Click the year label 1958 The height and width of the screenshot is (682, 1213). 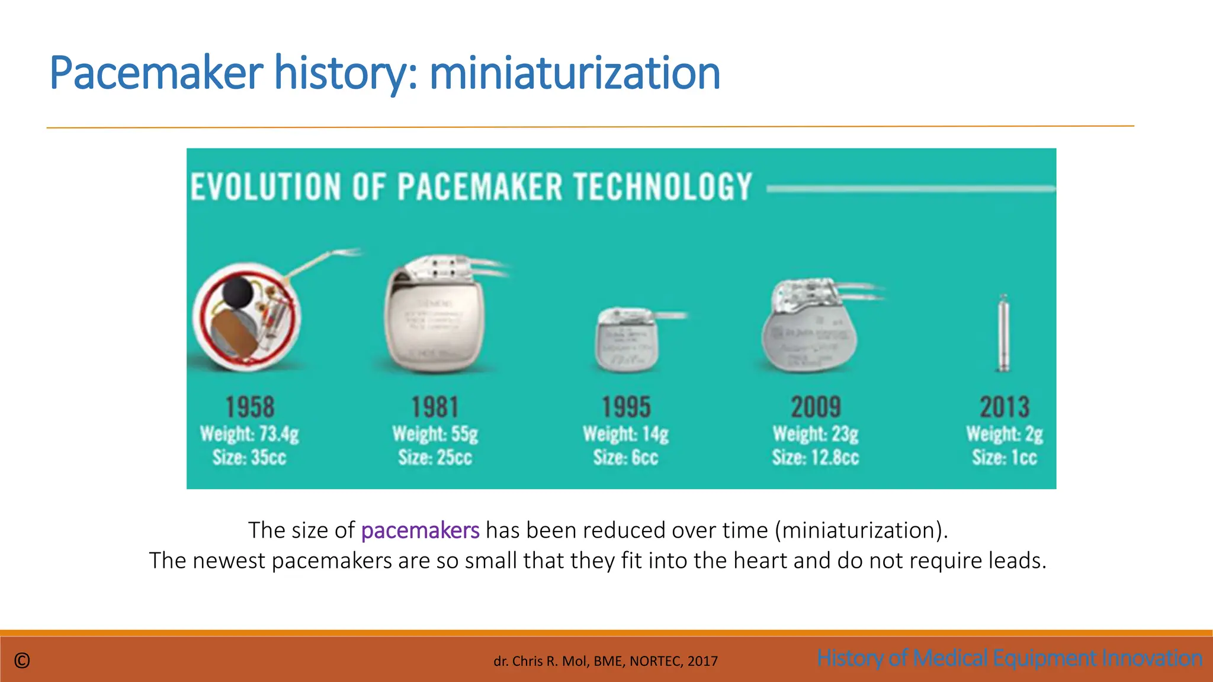250,407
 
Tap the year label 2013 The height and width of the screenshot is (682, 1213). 1005,407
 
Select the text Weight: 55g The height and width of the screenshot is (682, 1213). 435,434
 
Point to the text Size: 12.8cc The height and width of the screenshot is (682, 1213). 816,458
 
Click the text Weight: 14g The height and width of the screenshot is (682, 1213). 626,434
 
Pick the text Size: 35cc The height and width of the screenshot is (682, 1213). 249,458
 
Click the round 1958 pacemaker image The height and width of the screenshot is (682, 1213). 247,317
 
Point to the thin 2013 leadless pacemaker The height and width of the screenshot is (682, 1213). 1003,333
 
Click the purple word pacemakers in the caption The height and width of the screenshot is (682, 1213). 420,530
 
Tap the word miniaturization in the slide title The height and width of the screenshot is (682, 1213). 575,73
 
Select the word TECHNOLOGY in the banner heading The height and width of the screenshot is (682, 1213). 663,187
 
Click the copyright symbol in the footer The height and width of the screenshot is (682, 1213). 22,661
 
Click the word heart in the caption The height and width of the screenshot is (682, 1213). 760,561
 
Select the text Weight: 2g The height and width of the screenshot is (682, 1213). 1005,434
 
